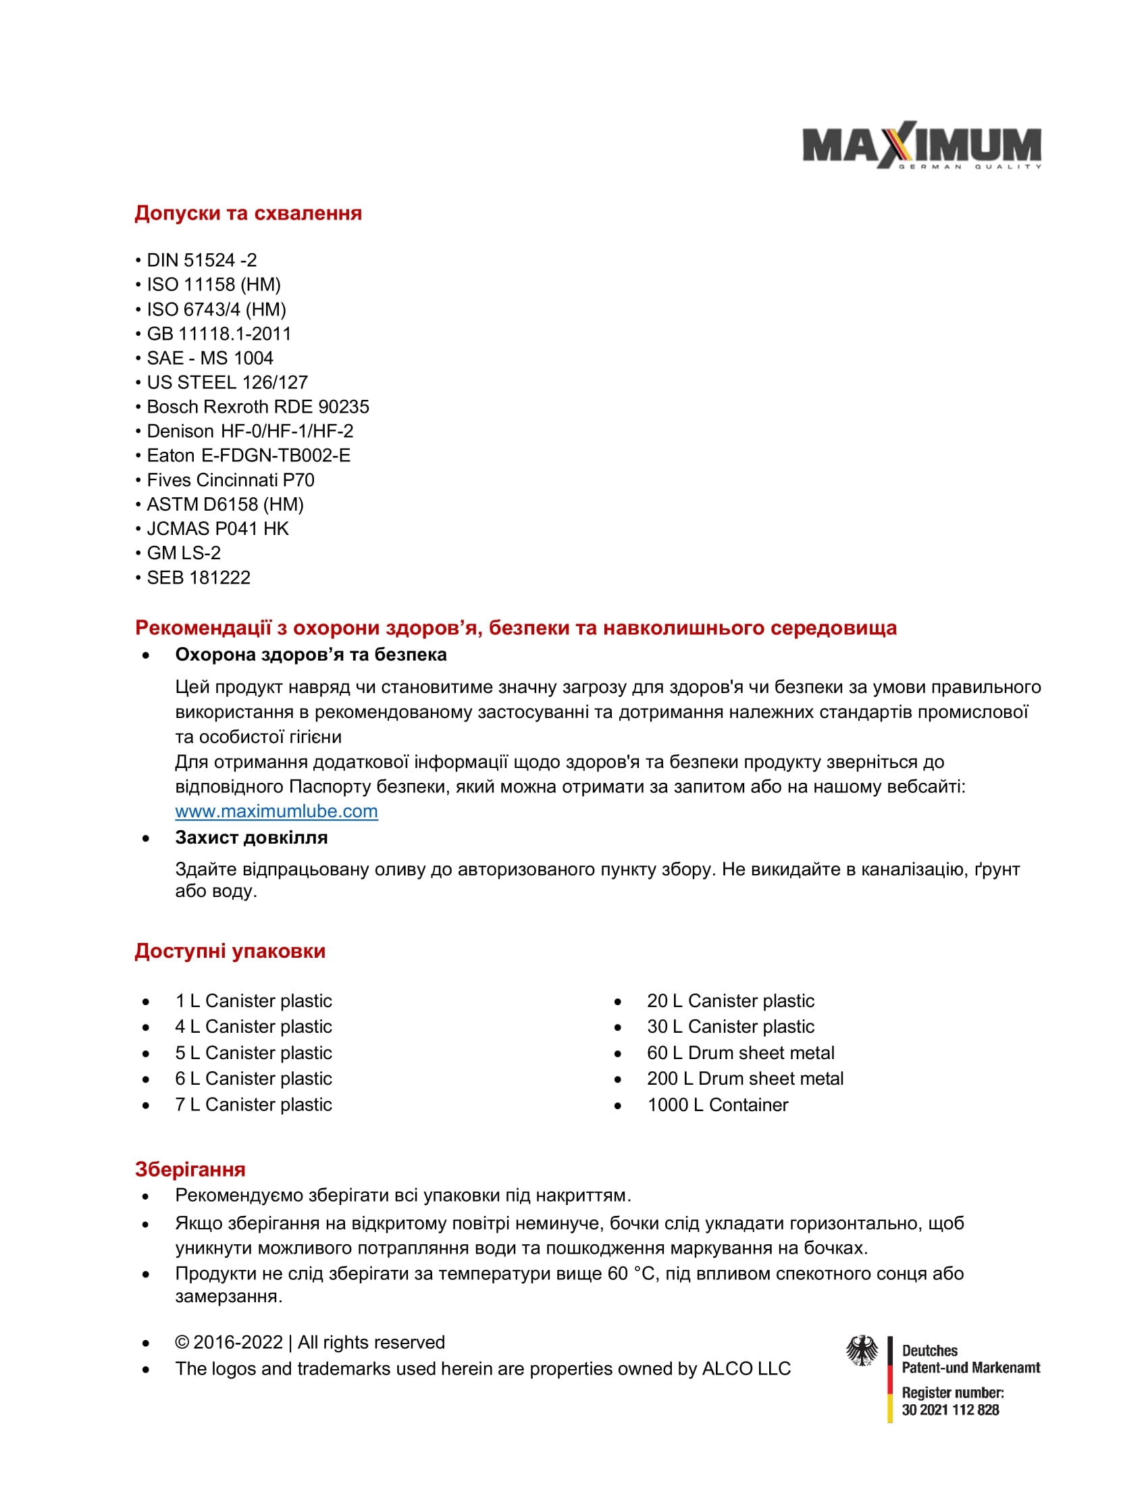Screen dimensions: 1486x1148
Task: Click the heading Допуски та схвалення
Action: (x=249, y=213)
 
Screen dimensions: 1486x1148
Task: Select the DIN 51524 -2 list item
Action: (x=201, y=260)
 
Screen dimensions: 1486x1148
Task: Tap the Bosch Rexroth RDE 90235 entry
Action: (x=258, y=406)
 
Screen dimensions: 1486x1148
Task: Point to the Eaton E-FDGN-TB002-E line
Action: (x=249, y=455)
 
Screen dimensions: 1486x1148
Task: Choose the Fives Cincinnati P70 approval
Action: (x=230, y=480)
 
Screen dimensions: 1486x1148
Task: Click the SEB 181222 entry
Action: (x=199, y=577)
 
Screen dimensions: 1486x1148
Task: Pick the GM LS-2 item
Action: (x=184, y=553)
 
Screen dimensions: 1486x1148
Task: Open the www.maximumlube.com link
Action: (x=276, y=811)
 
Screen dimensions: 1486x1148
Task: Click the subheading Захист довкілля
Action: (x=251, y=837)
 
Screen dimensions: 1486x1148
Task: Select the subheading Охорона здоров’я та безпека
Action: (x=311, y=654)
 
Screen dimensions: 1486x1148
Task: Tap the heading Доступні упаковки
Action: (x=230, y=950)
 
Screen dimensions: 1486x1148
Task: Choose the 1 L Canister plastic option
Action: (x=253, y=1001)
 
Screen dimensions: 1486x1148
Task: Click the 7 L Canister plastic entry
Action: (x=253, y=1104)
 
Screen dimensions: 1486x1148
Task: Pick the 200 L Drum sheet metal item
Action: (x=745, y=1079)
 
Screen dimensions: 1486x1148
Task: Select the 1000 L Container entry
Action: (x=717, y=1104)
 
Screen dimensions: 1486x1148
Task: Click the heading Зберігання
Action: (x=190, y=1169)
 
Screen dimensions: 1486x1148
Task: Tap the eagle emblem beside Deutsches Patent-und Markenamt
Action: (x=862, y=1351)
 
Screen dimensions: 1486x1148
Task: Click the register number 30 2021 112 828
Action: (x=950, y=1410)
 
